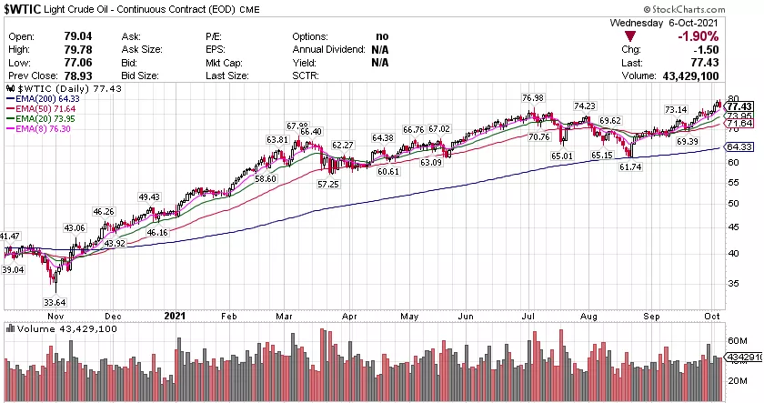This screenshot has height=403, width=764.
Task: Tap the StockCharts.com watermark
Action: [x=704, y=8]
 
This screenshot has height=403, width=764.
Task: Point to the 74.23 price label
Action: [x=584, y=106]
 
